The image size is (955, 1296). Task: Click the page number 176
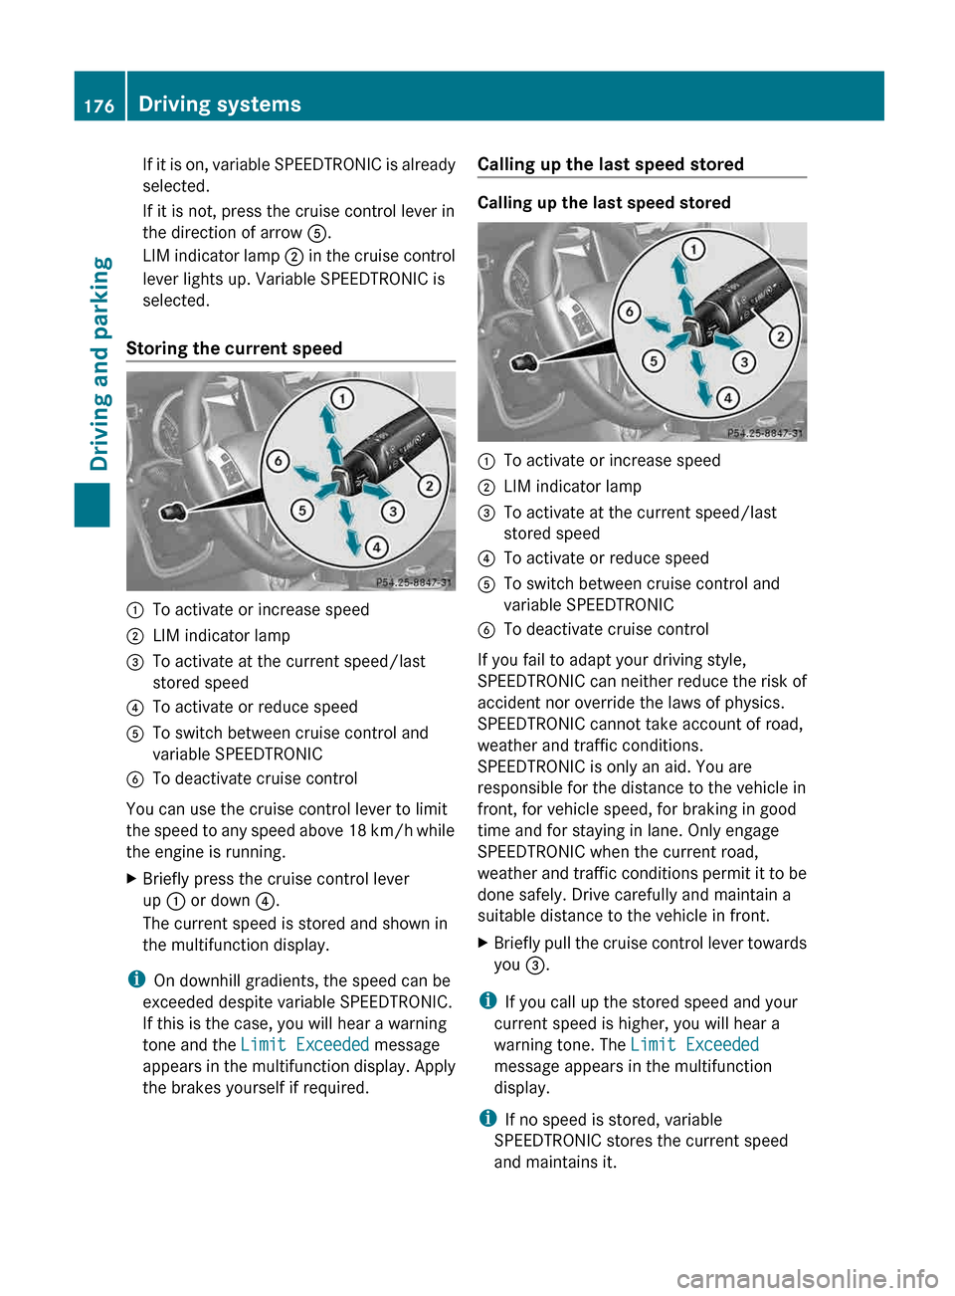tap(98, 106)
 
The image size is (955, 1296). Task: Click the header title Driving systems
tap(220, 104)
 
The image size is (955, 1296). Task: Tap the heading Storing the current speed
tap(234, 348)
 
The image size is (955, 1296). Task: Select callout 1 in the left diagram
tap(342, 398)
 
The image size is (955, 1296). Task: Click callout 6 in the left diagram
tap(278, 461)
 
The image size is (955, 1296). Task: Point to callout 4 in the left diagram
tap(376, 546)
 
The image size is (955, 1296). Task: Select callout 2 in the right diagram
tap(781, 336)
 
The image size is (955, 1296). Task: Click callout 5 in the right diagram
tap(653, 360)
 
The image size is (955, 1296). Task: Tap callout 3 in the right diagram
tap(744, 362)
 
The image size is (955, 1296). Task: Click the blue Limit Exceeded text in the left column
tap(304, 1045)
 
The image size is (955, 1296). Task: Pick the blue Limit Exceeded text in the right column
tap(694, 1045)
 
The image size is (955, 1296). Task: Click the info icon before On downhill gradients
tap(136, 979)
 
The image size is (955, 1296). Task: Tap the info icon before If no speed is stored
tap(487, 1118)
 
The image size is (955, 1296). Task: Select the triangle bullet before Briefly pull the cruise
tap(483, 943)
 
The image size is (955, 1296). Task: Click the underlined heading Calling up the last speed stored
tap(610, 164)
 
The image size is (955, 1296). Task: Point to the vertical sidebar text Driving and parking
tap(99, 363)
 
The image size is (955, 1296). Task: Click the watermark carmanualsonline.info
tap(807, 1278)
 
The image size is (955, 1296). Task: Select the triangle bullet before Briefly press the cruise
tap(132, 879)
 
